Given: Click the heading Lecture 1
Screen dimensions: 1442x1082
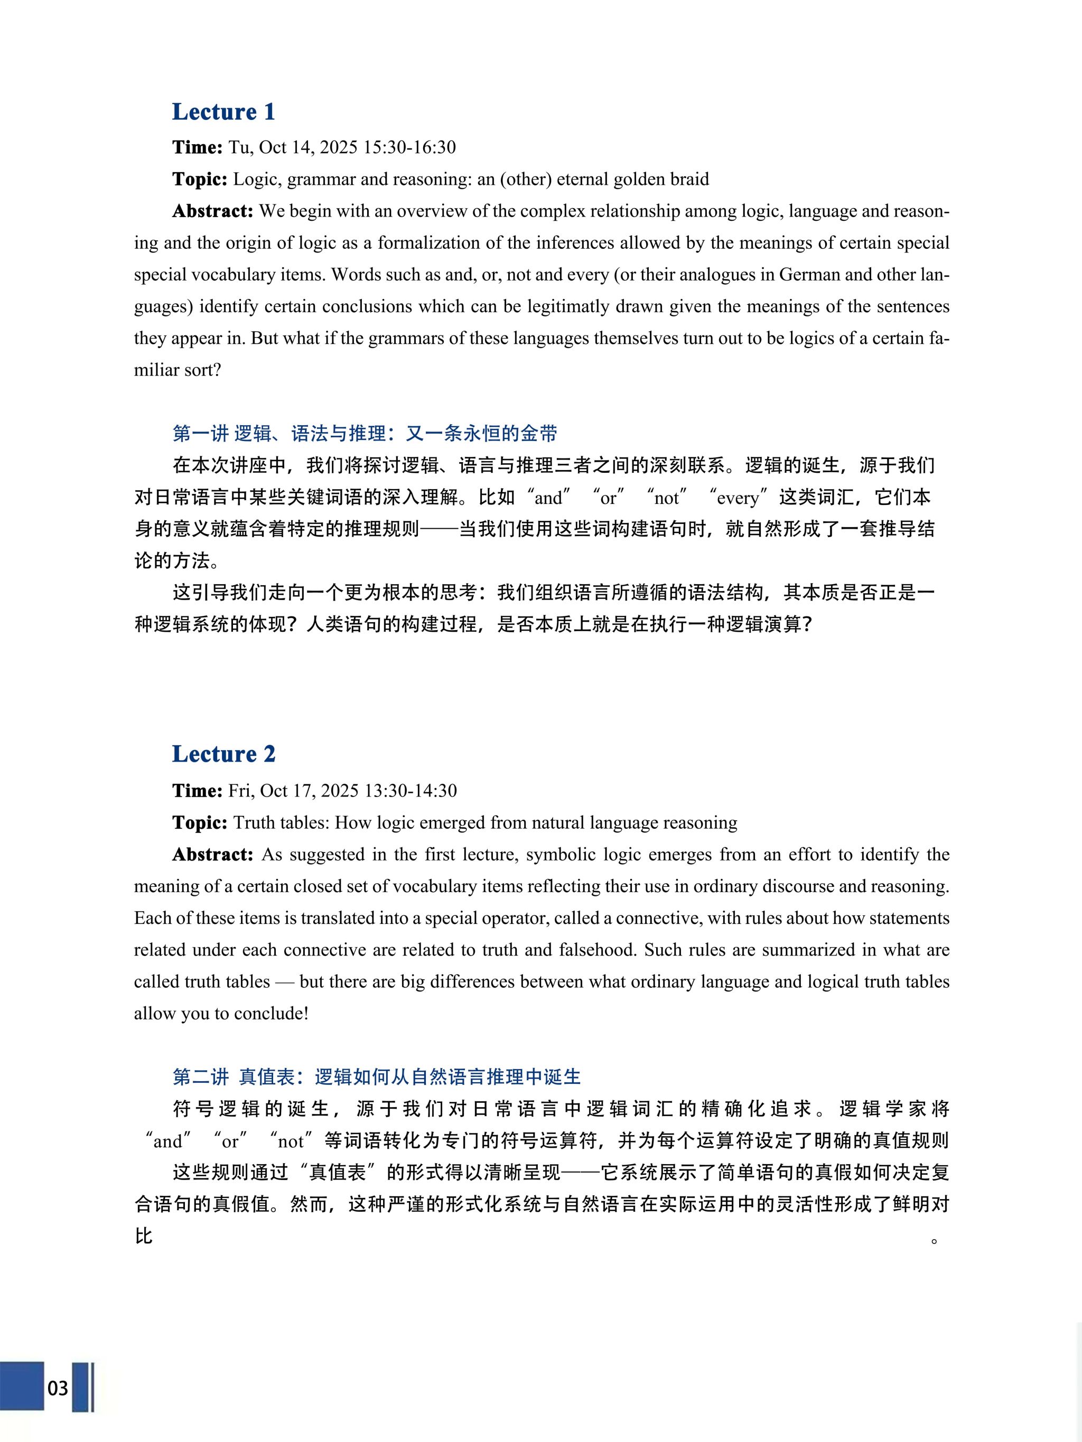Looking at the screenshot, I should pyautogui.click(x=223, y=111).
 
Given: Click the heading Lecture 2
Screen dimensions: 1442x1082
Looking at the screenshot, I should pyautogui.click(x=223, y=754).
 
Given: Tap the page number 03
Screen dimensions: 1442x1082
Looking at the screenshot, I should pyautogui.click(x=58, y=1388).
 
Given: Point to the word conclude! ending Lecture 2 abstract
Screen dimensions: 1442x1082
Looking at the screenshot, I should pyautogui.click(x=270, y=1014).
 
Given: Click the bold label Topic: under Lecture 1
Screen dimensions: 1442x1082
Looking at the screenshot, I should pyautogui.click(x=200, y=179).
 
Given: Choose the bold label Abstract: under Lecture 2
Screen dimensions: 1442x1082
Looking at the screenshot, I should pyautogui.click(x=212, y=855).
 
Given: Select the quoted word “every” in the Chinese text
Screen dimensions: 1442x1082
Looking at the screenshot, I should pyautogui.click(x=737, y=498).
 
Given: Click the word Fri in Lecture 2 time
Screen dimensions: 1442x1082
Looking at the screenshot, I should pyautogui.click(x=240, y=791).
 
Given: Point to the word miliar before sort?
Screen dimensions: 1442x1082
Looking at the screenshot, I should pyautogui.click(x=156, y=370).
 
